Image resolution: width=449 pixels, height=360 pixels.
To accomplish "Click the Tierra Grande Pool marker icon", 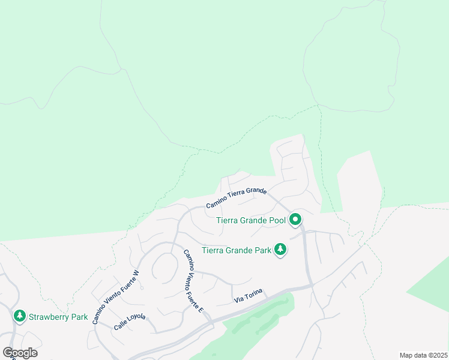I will [295, 220].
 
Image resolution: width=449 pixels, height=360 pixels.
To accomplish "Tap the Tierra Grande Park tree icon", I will [280, 249].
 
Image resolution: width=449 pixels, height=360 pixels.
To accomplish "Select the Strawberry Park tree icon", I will [20, 316].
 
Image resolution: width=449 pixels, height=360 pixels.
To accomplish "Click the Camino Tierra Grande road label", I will [236, 198].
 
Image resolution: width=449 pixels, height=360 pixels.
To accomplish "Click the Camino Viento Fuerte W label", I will [116, 298].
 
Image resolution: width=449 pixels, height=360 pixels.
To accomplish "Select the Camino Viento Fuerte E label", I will [194, 281].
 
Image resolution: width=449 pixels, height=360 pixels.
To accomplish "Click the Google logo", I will [20, 353].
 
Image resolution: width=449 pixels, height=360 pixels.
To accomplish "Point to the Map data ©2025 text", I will [423, 355].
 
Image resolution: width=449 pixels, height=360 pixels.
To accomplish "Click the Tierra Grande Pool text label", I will [251, 220].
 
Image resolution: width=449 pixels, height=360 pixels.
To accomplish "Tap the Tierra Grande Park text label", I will [236, 250].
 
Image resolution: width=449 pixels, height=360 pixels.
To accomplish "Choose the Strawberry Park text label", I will [58, 317].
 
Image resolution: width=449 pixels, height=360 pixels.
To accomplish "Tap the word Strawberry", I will [48, 317].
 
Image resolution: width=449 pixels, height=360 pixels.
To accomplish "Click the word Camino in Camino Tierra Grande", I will [216, 204].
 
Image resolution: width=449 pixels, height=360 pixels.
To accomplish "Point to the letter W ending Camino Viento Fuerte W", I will [136, 273].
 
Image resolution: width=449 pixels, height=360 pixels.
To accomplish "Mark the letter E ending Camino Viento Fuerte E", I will [202, 310].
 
